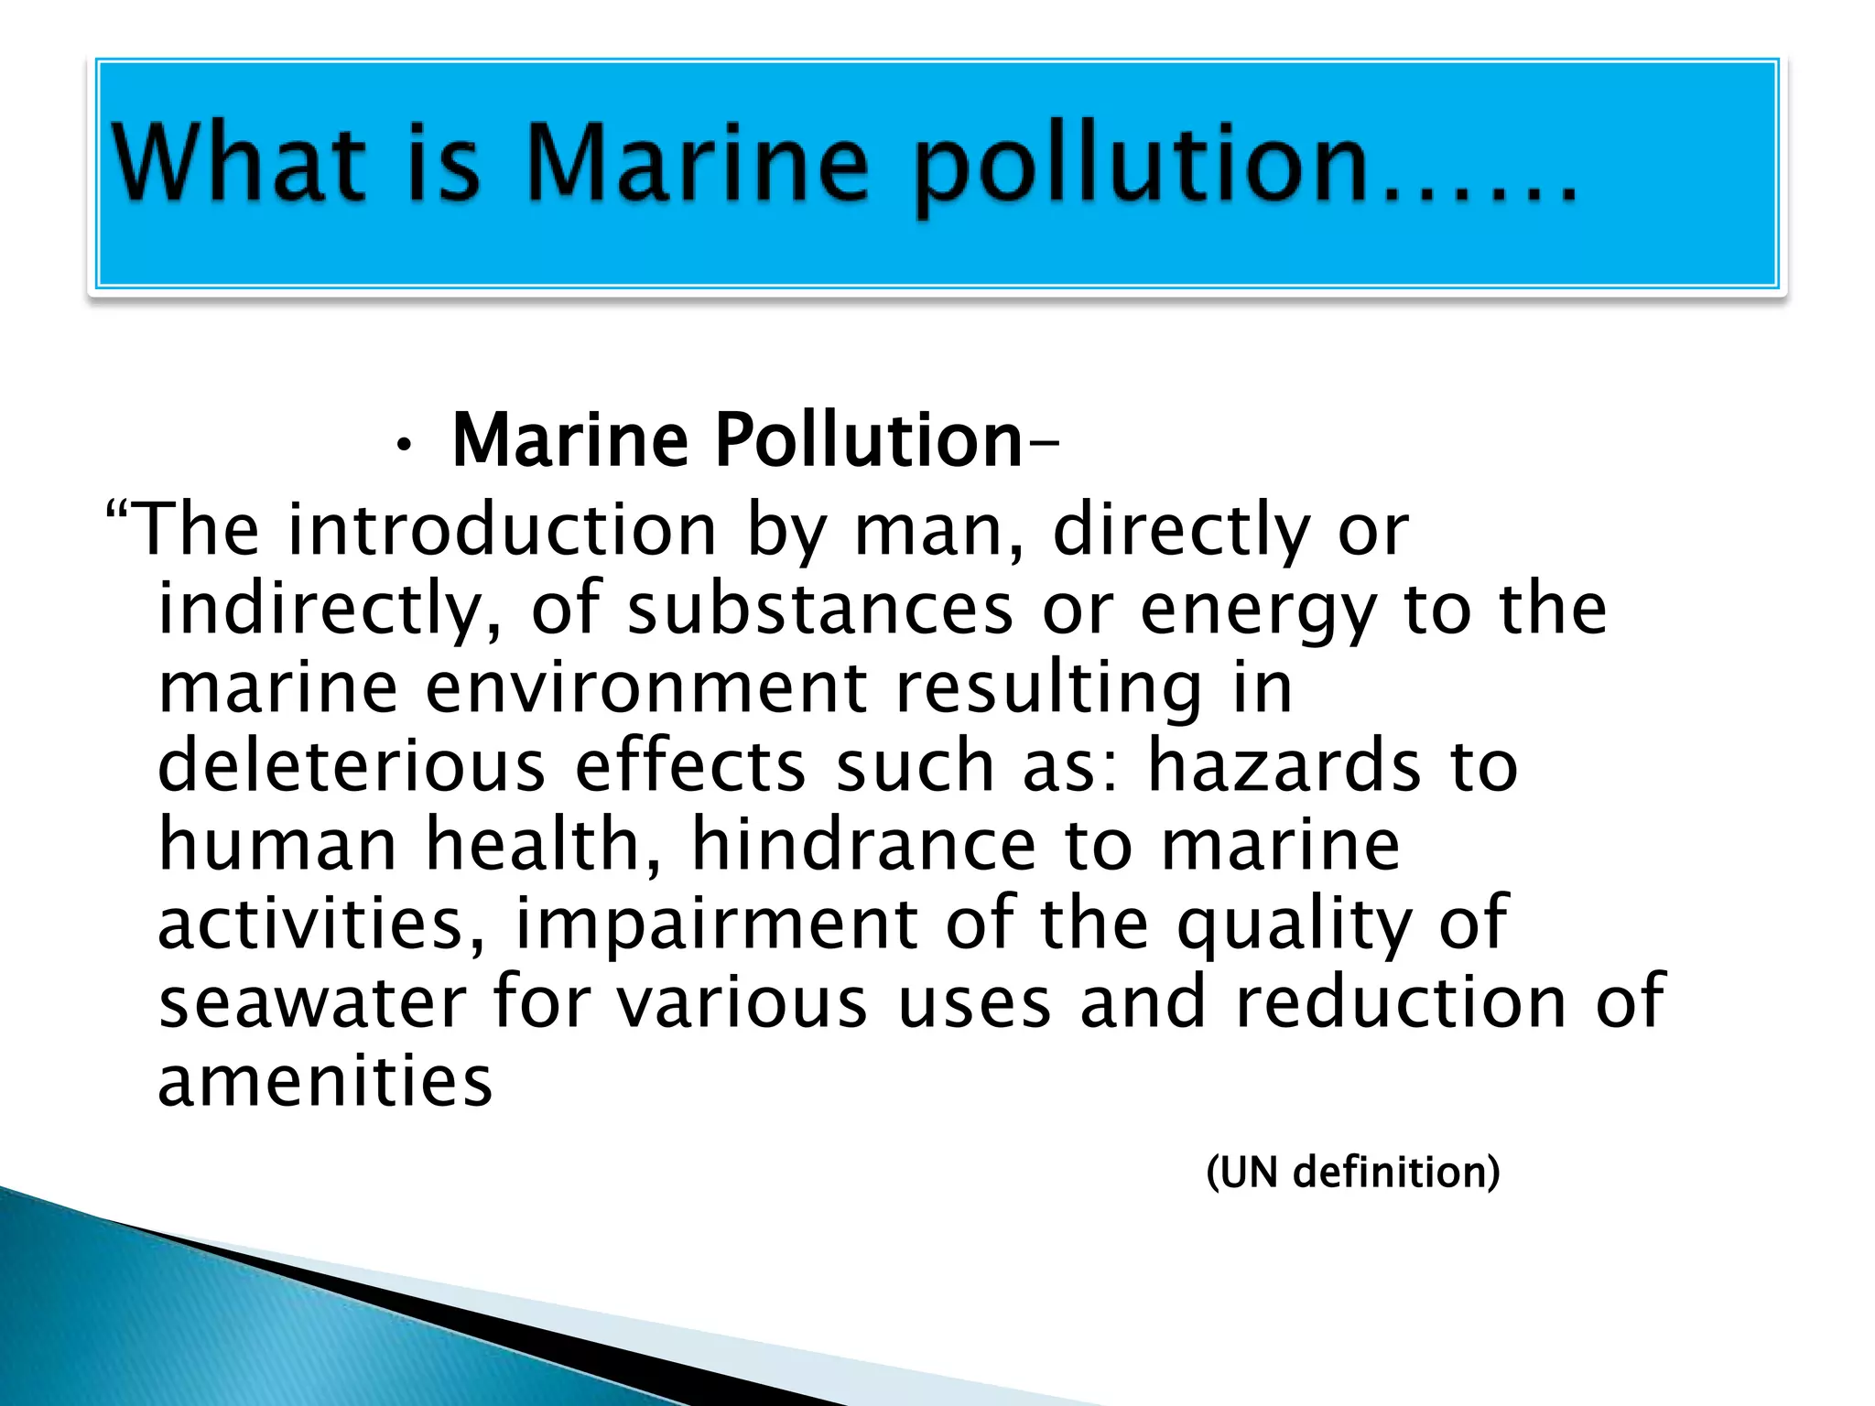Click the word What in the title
[239, 163]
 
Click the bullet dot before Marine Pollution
[403, 446]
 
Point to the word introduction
[502, 530]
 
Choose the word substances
[820, 610]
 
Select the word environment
[646, 687]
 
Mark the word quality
[1294, 925]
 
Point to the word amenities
[325, 1081]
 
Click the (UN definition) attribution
[1353, 1173]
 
